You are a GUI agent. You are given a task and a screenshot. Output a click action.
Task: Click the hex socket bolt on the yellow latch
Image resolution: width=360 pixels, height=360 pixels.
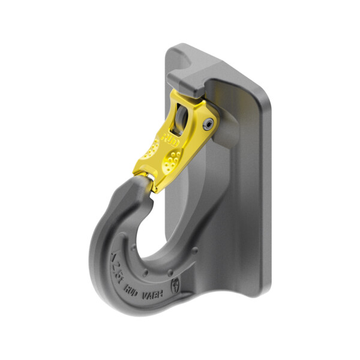click(208, 122)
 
